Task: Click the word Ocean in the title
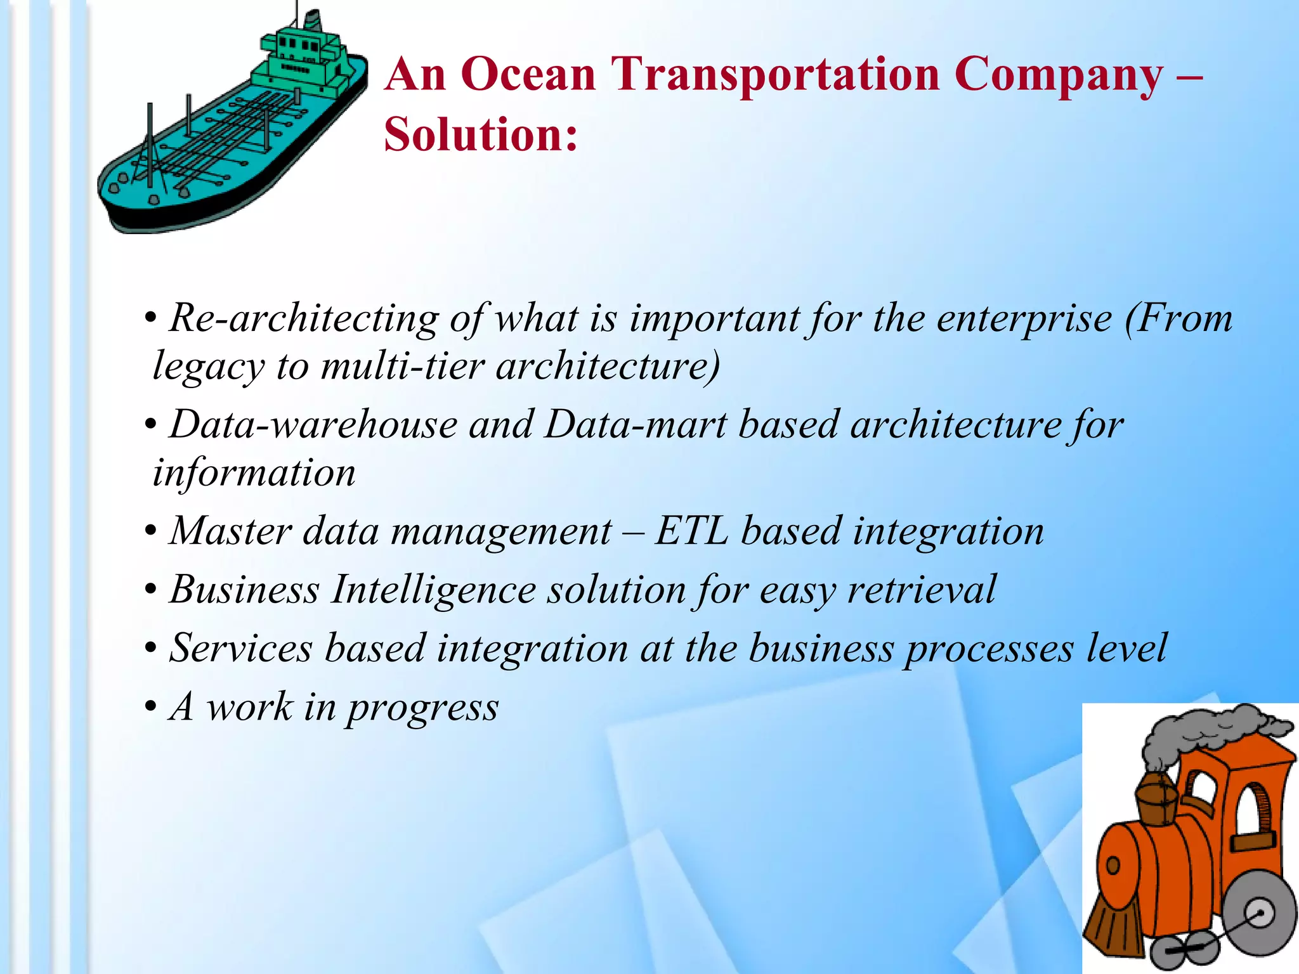(528, 75)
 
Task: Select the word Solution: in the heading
(481, 135)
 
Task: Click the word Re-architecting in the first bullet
(304, 318)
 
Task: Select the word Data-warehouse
(313, 425)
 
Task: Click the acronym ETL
(691, 531)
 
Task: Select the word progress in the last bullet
(422, 708)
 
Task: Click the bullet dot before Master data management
(150, 531)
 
